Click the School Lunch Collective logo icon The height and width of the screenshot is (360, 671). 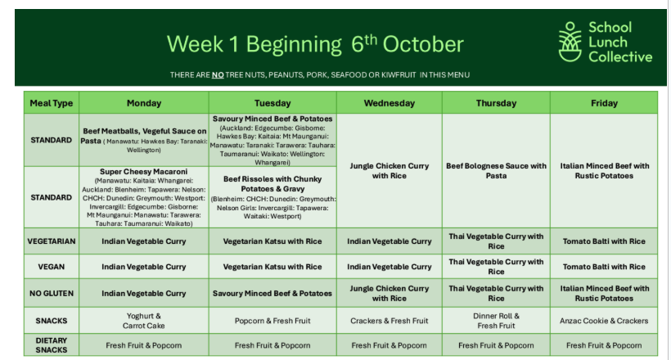tap(570, 42)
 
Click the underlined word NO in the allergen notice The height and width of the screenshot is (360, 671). tap(218, 75)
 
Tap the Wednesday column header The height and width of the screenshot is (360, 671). tap(389, 103)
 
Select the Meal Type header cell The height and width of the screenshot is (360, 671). tap(52, 103)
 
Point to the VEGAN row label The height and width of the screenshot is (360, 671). tap(52, 267)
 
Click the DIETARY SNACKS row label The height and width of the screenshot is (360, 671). tap(52, 345)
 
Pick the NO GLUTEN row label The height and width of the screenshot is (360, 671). tap(52, 293)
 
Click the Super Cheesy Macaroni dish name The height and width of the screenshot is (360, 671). tap(144, 172)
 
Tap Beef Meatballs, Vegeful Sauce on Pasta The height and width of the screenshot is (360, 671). tap(144, 136)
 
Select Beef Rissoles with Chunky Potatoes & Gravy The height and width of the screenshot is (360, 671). tap(272, 183)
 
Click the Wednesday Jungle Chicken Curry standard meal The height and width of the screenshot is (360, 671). tap(389, 171)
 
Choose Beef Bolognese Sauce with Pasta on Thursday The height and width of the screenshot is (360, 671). tap(496, 171)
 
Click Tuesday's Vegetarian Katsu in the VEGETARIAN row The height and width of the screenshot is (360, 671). tap(272, 241)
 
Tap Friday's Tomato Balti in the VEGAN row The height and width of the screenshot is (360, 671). tap(604, 267)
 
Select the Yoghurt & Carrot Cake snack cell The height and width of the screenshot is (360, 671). tap(144, 321)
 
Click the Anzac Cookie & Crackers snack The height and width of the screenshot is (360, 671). tap(604, 321)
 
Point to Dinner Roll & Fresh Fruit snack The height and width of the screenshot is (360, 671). tap(496, 321)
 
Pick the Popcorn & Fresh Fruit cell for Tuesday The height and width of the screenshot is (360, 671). tap(272, 321)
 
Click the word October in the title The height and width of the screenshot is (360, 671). tap(423, 44)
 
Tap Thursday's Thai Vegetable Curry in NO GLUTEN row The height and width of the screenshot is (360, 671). tap(496, 293)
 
